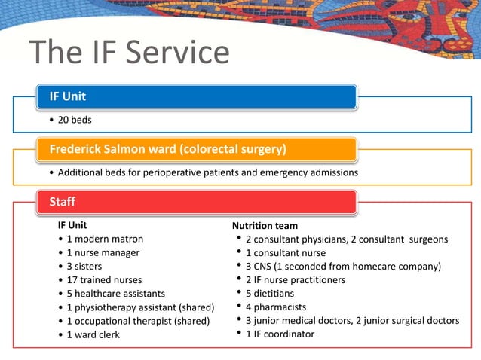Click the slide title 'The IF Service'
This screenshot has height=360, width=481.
point(129,53)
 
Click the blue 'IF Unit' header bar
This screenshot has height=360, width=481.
point(196,96)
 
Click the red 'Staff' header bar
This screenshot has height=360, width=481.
point(196,202)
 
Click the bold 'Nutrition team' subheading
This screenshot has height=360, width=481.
point(265,226)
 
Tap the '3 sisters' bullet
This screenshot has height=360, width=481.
point(84,266)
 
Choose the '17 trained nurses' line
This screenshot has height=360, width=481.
point(104,279)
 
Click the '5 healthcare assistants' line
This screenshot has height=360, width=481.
point(115,293)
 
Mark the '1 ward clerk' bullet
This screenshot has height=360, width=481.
point(93,334)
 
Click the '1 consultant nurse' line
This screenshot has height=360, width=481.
point(286,253)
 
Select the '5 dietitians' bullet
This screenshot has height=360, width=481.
point(270,294)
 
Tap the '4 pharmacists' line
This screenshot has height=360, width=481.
point(275,307)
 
